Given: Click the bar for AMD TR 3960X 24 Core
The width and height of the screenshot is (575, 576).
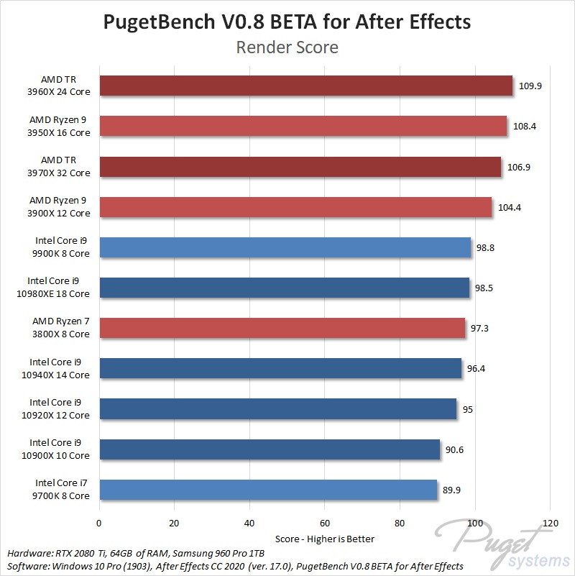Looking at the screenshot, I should pyautogui.click(x=305, y=86).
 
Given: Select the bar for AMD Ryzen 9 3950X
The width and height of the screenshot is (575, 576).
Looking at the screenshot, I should pyautogui.click(x=303, y=127).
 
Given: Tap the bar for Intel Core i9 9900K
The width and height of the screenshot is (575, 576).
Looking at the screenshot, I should pyautogui.click(x=285, y=247).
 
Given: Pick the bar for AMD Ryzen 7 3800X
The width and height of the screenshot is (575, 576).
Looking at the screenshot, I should pyautogui.click(x=282, y=329).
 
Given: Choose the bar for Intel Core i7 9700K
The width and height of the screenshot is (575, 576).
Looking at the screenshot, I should pyautogui.click(x=268, y=490).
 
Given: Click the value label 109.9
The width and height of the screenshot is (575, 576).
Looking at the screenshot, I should pyautogui.click(x=530, y=86).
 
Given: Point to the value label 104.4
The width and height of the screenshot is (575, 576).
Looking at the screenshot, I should pyautogui.click(x=509, y=207).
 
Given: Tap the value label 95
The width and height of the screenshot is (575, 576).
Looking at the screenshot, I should pyautogui.click(x=467, y=409).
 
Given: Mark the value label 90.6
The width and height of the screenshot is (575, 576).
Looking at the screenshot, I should pyautogui.click(x=454, y=449).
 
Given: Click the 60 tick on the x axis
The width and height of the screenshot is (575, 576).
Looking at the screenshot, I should pyautogui.click(x=325, y=523).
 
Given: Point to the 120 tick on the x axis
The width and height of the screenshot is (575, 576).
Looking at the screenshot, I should pyautogui.click(x=551, y=523).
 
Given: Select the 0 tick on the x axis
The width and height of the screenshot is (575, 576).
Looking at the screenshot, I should pyautogui.click(x=99, y=523).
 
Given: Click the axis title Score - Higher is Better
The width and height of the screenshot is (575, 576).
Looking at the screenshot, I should pyautogui.click(x=325, y=539).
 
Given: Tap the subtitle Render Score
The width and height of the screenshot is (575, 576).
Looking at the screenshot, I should pyautogui.click(x=287, y=48).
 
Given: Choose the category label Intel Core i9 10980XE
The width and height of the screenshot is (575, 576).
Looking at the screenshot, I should pyautogui.click(x=59, y=288).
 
